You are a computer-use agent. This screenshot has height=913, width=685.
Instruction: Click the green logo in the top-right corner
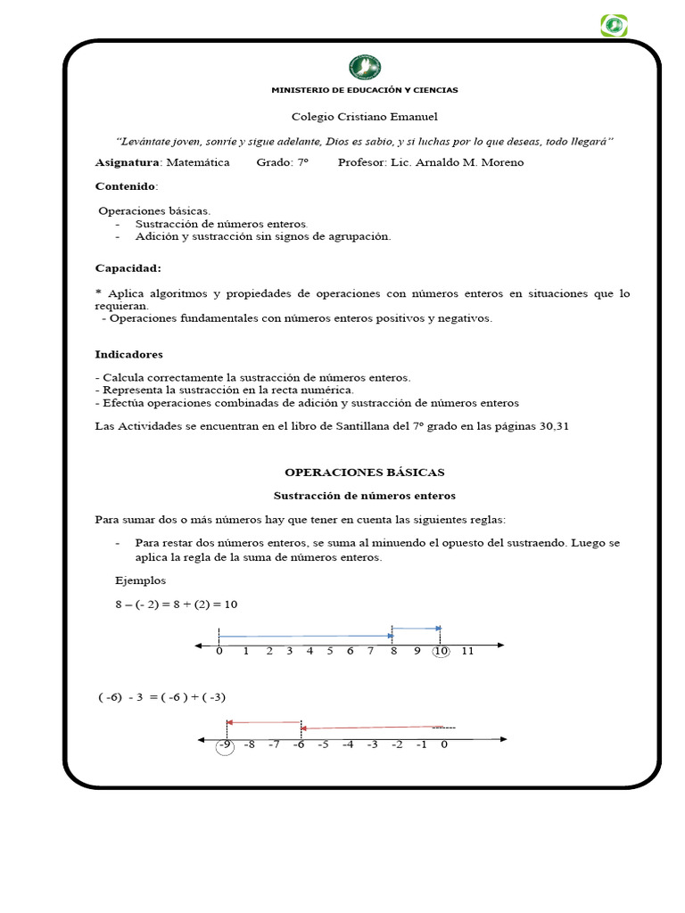614,25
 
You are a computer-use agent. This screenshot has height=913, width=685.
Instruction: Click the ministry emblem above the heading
364,67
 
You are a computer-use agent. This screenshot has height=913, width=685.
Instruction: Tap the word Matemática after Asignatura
197,162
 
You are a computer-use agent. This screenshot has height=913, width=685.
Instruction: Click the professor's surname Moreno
503,162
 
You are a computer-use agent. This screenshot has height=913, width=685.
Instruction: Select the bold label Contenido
125,186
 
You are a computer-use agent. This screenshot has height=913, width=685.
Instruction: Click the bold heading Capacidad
128,267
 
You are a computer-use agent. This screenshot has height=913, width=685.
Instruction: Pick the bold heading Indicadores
129,354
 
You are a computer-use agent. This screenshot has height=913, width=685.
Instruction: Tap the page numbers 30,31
553,426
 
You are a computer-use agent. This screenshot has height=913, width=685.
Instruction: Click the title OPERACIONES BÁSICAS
364,472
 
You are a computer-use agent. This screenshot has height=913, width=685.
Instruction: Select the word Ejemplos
140,580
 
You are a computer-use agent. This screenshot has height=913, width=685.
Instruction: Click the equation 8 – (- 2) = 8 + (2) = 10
176,604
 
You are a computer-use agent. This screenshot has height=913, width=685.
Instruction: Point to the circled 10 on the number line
441,651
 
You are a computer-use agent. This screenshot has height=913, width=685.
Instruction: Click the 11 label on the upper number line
467,651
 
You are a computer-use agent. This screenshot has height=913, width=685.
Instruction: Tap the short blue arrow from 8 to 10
416,629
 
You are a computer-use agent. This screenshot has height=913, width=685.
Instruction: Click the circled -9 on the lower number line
225,744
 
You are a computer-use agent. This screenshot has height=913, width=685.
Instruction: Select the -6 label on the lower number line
299,744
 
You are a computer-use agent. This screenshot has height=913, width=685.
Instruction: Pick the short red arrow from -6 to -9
264,722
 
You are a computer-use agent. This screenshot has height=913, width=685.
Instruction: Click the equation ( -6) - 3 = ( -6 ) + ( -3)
169,697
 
